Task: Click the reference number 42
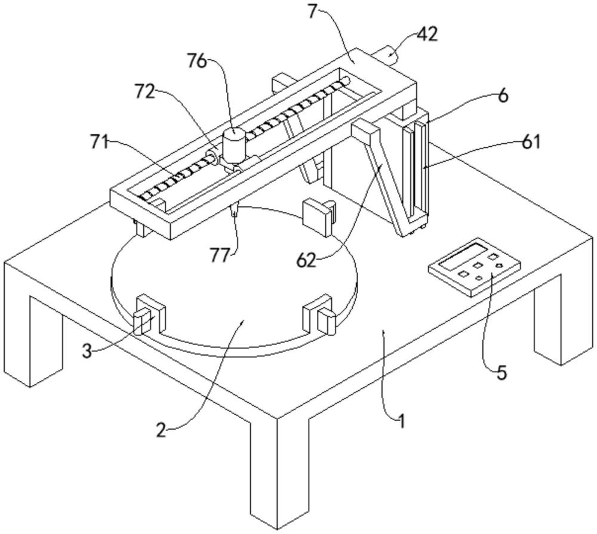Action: [427, 34]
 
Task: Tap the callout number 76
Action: [197, 60]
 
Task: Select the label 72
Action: [144, 91]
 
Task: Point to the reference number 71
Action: [100, 143]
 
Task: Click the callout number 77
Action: [221, 255]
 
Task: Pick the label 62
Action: [307, 261]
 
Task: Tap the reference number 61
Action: [530, 142]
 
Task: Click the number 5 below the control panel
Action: [502, 373]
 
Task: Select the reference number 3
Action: [87, 351]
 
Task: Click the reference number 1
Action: [401, 422]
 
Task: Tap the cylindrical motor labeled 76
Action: [234, 145]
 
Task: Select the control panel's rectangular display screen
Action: [463, 255]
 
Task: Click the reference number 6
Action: [503, 96]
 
